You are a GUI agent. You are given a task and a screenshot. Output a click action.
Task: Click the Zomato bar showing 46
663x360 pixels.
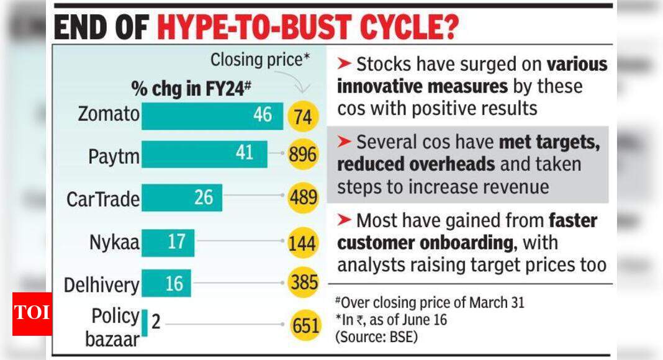pos(212,116)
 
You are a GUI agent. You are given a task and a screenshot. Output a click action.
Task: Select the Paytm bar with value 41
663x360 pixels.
pos(204,154)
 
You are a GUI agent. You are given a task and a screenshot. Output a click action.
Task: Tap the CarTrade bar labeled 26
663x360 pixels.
pos(181,198)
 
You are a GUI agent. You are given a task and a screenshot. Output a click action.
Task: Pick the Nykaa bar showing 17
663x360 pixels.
pos(168,243)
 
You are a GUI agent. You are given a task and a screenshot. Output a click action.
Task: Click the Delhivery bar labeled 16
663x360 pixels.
pos(166,284)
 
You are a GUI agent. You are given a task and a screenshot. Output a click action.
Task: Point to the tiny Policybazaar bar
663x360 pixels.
pos(145,323)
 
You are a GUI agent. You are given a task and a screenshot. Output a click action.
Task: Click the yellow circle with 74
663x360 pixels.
pos(303,117)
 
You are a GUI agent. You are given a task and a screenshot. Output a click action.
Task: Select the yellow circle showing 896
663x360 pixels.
pos(303,155)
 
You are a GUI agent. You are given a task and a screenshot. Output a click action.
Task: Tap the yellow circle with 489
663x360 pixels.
pos(303,198)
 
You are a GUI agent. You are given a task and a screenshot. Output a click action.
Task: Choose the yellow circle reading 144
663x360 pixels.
pos(303,243)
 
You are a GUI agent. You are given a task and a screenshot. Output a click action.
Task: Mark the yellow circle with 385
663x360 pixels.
pos(303,284)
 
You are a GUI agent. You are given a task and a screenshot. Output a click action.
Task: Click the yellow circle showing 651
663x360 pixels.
pos(305,325)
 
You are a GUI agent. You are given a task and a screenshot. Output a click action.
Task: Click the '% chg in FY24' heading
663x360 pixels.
pos(191,89)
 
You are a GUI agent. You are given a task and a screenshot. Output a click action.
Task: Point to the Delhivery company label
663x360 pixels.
pos(102,286)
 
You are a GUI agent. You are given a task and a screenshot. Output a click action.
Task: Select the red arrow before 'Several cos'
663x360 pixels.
pos(345,142)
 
